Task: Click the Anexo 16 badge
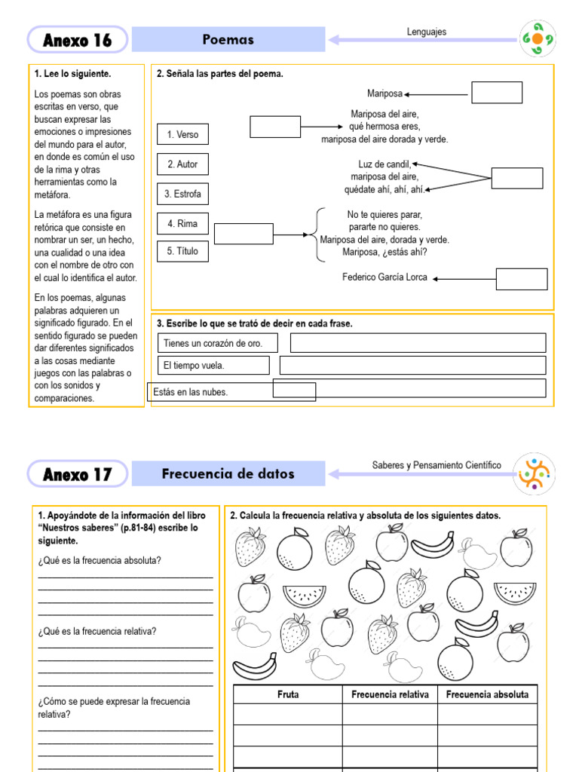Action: (78, 41)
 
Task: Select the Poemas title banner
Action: (228, 39)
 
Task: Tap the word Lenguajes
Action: (427, 32)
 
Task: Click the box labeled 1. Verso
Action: (182, 134)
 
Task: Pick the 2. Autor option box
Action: (182, 164)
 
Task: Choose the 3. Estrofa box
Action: (182, 194)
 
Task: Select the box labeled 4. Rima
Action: (182, 223)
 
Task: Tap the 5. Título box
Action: (182, 251)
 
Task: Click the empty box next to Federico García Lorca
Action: (522, 279)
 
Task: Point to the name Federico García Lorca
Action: (384, 277)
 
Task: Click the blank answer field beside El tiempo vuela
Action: (412, 366)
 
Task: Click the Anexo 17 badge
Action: (78, 474)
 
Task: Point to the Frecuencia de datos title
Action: (228, 474)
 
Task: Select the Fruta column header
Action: (288, 694)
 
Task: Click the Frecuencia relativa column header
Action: (390, 694)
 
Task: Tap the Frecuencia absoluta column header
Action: (487, 694)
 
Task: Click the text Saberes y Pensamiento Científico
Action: (436, 465)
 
